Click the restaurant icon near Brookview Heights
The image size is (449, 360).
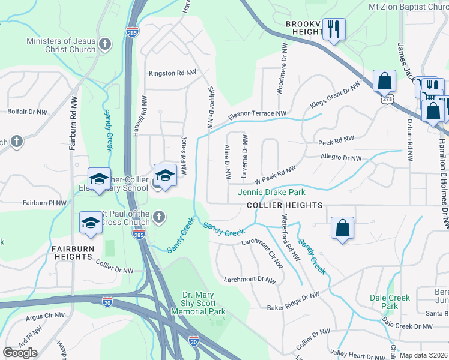pyautogui.click(x=334, y=29)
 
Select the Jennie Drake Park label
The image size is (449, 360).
pyautogui.click(x=271, y=192)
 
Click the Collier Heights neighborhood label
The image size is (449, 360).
pyautogui.click(x=285, y=205)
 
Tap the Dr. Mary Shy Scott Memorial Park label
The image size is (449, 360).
pyautogui.click(x=204, y=303)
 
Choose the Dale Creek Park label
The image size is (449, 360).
pyautogui.click(x=390, y=302)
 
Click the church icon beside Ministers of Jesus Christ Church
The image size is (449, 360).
pyautogui.click(x=105, y=44)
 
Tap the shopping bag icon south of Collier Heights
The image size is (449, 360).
pyautogui.click(x=342, y=229)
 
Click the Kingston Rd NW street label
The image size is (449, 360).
pyautogui.click(x=173, y=73)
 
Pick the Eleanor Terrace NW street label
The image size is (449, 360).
pyautogui.click(x=256, y=113)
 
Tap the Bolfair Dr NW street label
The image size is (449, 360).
pyautogui.click(x=27, y=112)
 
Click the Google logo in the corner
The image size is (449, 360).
pyautogui.click(x=20, y=353)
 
